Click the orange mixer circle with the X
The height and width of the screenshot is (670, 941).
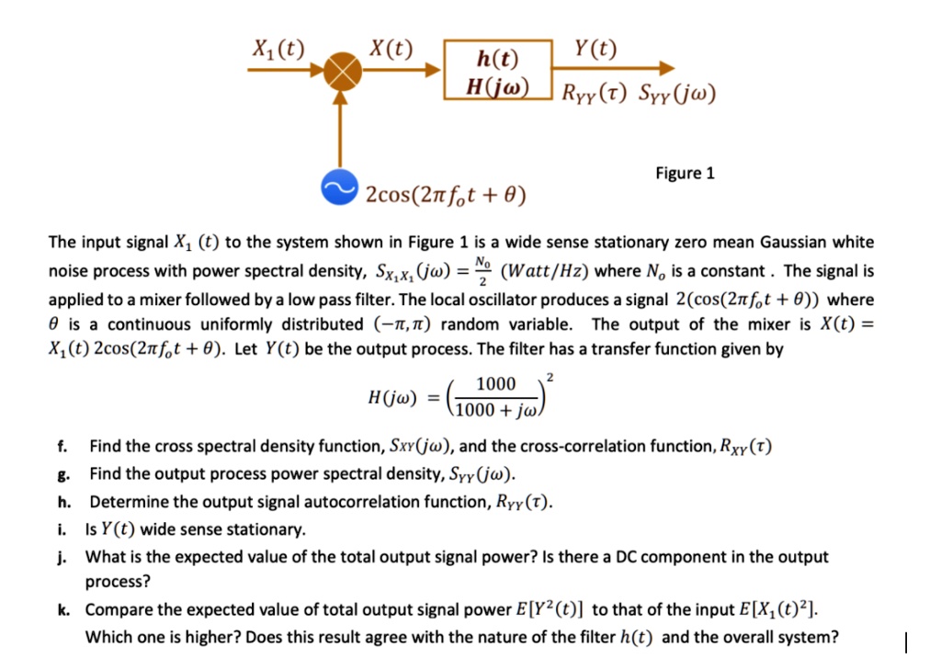tap(341, 71)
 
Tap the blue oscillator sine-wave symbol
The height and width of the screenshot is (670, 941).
tap(341, 187)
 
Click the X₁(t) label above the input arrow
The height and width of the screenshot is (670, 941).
tap(279, 48)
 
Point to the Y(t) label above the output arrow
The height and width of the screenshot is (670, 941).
tap(595, 48)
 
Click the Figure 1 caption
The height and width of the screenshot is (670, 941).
tap(685, 173)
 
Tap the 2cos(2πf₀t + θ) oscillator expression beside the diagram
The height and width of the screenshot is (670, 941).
tap(446, 194)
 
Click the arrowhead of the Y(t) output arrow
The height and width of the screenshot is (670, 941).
tap(667, 70)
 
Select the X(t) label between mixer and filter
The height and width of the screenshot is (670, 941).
tap(391, 48)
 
